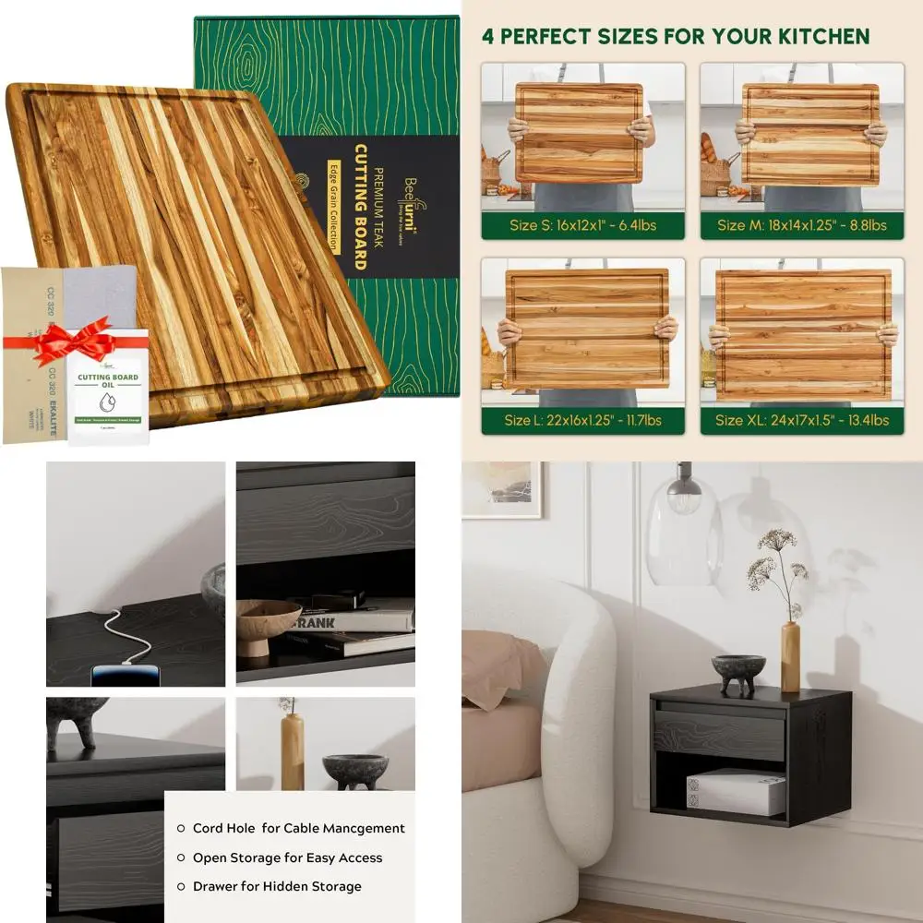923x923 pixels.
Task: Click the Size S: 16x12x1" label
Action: tap(581, 225)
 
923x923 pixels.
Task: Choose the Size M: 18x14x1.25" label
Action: tap(801, 225)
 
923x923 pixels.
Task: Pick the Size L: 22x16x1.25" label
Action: tap(581, 420)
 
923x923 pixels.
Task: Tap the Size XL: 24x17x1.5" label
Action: tap(801, 420)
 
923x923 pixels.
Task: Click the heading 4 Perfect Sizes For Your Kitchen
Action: tap(676, 37)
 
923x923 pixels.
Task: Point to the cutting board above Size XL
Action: tap(803, 334)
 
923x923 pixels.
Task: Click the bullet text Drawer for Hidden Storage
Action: tap(277, 887)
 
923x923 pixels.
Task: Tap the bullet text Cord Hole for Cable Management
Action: tap(298, 829)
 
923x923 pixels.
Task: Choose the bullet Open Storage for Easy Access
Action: tap(287, 858)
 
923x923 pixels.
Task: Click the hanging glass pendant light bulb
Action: tap(684, 498)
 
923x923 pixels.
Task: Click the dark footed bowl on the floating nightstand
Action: tap(737, 671)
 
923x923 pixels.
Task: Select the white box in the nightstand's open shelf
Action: tap(735, 792)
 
